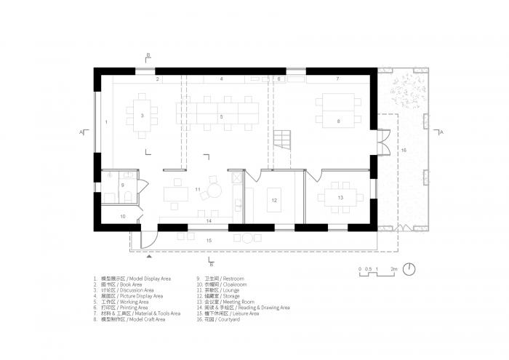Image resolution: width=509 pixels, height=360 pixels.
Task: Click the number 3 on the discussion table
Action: (x=143, y=116)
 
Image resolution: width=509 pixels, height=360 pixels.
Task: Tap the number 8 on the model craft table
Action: (x=338, y=120)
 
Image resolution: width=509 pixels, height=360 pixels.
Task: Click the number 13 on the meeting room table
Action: (x=340, y=197)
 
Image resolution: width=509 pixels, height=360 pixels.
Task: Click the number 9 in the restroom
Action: (x=122, y=185)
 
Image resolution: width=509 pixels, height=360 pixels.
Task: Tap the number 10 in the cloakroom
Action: (x=122, y=216)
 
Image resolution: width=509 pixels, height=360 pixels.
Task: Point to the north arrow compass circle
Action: (x=411, y=268)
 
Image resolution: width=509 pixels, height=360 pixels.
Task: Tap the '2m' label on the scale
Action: (x=393, y=269)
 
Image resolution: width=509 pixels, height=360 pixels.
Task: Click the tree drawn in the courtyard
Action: (x=404, y=91)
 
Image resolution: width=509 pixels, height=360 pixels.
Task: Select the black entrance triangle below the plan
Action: (x=149, y=257)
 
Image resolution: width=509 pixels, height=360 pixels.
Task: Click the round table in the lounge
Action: (x=215, y=191)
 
